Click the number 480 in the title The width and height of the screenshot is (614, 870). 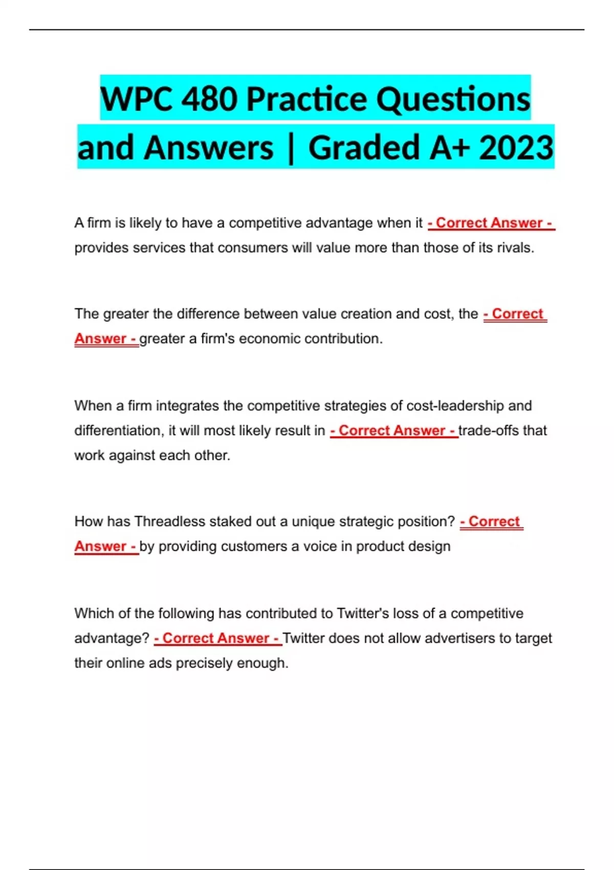(209, 99)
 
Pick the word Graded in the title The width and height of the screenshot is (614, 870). (364, 148)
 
